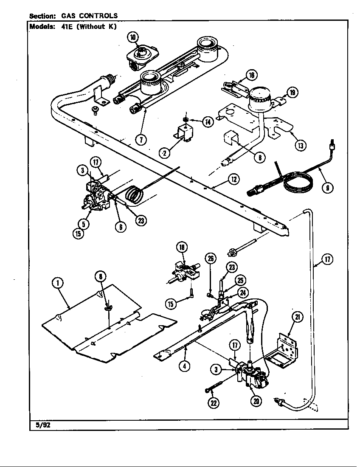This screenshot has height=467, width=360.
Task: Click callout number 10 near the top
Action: [x=133, y=38]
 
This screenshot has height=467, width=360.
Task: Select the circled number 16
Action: [x=251, y=76]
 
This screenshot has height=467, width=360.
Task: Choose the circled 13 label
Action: [x=301, y=145]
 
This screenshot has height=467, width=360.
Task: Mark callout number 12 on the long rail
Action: [x=233, y=180]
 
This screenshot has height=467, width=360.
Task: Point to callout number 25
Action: [x=240, y=281]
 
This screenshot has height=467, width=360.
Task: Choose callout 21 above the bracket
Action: [x=298, y=317]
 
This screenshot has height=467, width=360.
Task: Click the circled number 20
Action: [x=256, y=400]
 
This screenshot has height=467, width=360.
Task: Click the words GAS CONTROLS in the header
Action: [x=90, y=16]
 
